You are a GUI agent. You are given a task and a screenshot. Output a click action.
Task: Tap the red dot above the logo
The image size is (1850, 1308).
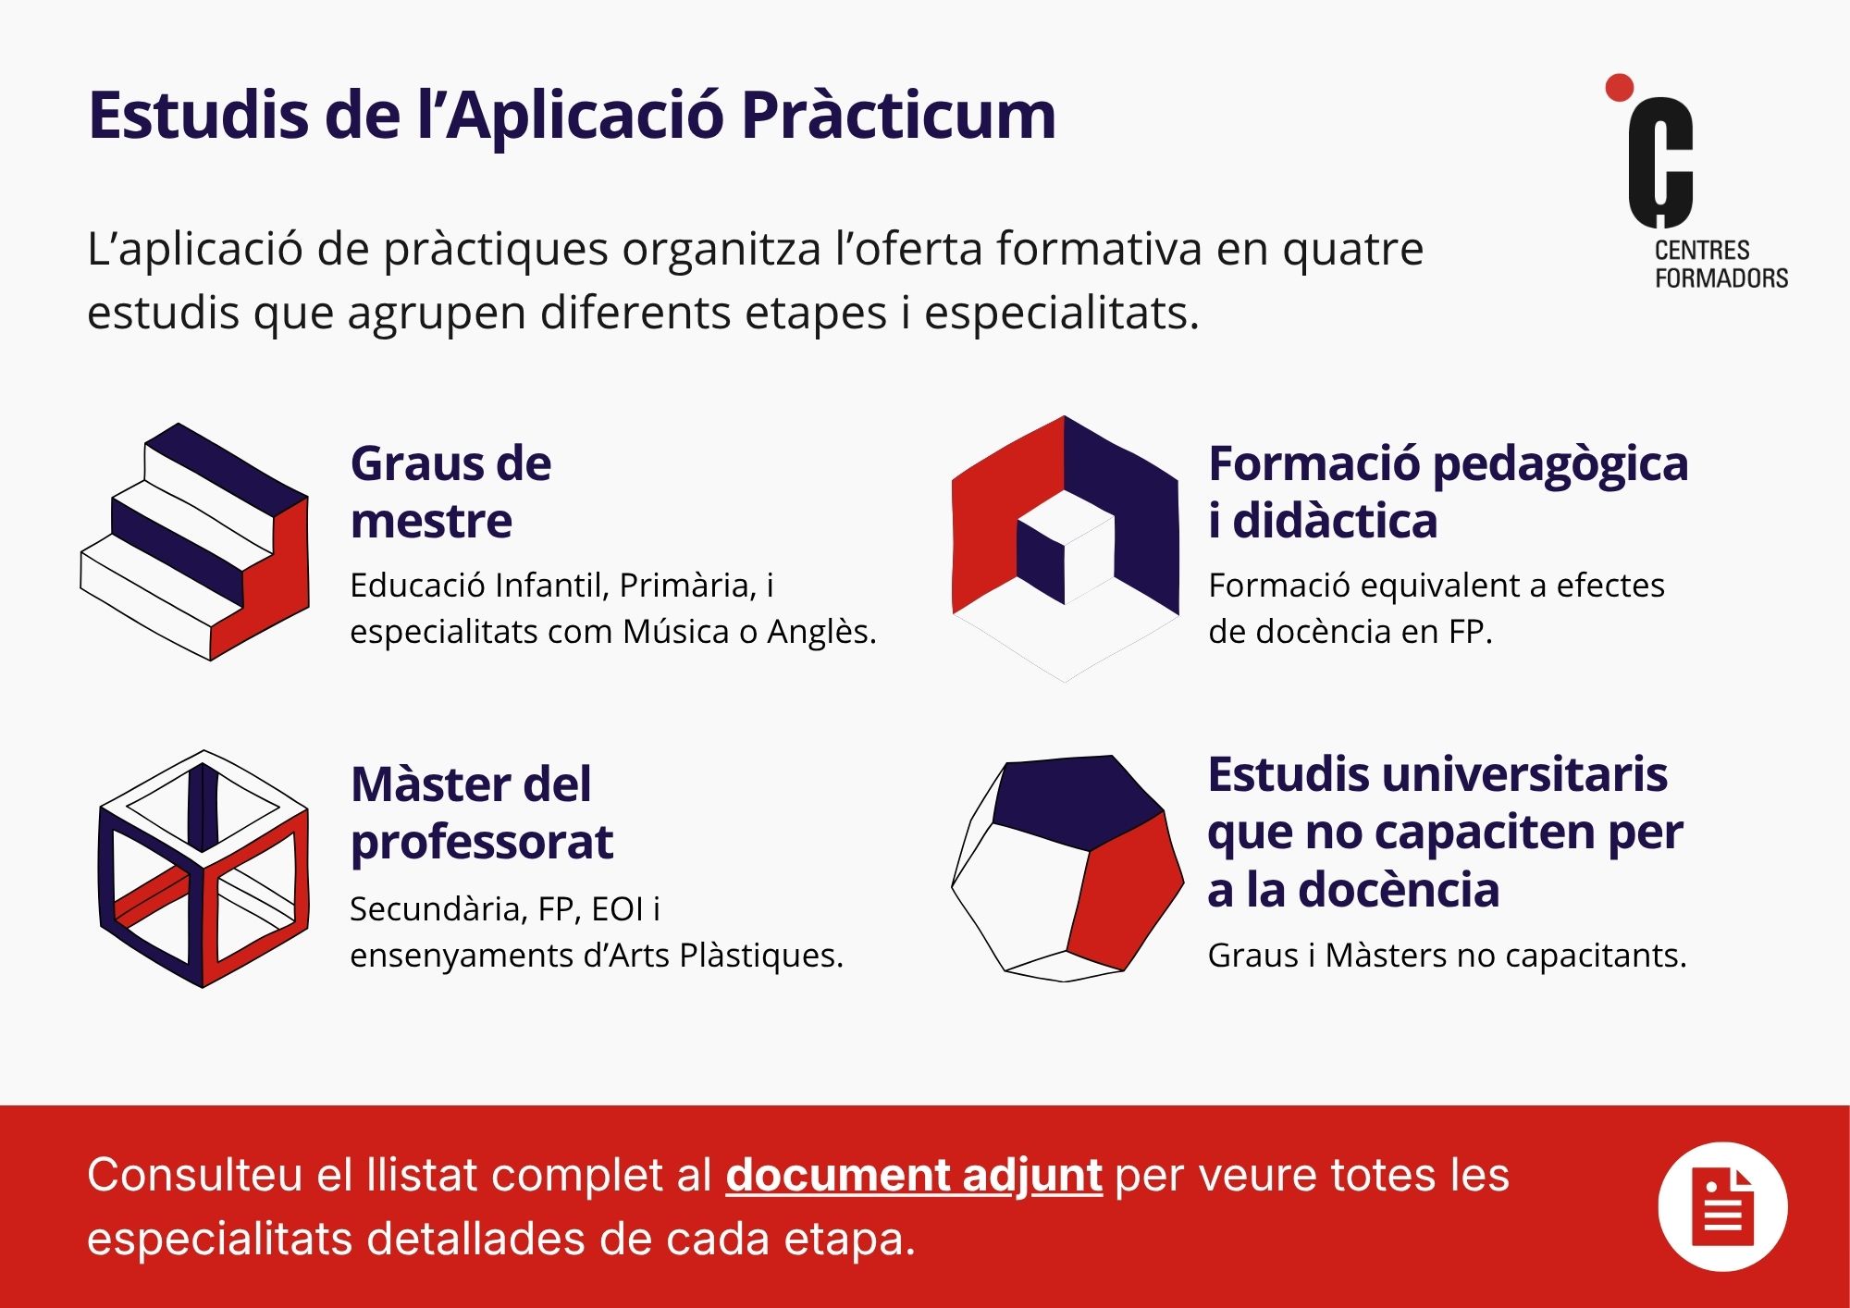(x=1619, y=88)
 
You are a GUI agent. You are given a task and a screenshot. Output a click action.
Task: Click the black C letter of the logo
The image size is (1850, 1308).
(x=1660, y=162)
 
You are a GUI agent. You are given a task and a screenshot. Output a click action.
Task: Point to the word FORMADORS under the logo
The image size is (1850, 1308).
(x=1721, y=278)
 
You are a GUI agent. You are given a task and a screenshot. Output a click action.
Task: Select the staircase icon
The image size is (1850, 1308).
(x=195, y=542)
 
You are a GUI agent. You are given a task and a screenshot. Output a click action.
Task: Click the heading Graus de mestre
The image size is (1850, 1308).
(x=450, y=491)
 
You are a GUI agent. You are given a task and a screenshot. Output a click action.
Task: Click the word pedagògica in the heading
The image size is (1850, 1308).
(x=1560, y=465)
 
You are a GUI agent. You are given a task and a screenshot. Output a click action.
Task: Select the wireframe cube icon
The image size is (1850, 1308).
(x=203, y=869)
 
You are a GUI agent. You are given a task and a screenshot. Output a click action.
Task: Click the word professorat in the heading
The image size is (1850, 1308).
(x=482, y=842)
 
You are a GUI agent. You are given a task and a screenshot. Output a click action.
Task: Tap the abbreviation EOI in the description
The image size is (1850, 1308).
(x=617, y=909)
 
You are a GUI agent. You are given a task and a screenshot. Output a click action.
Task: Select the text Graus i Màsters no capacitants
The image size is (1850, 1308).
(x=1448, y=956)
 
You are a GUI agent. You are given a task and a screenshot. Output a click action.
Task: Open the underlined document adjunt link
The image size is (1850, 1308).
(x=914, y=1176)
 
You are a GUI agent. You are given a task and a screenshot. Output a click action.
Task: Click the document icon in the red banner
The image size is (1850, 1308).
(x=1722, y=1207)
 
